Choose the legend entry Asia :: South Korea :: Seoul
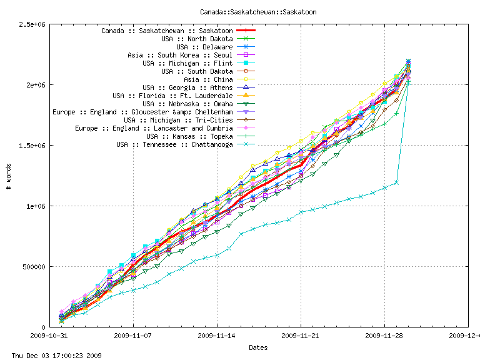pos(180,55)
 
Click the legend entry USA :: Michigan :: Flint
pos(187,63)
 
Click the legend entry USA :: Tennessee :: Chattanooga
pos(174,144)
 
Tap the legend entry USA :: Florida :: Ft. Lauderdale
pos(172,96)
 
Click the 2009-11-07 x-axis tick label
pos(133,336)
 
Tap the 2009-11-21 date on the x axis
pos(301,336)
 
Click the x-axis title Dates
pos(259,347)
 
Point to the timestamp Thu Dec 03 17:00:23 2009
pos(52,355)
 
